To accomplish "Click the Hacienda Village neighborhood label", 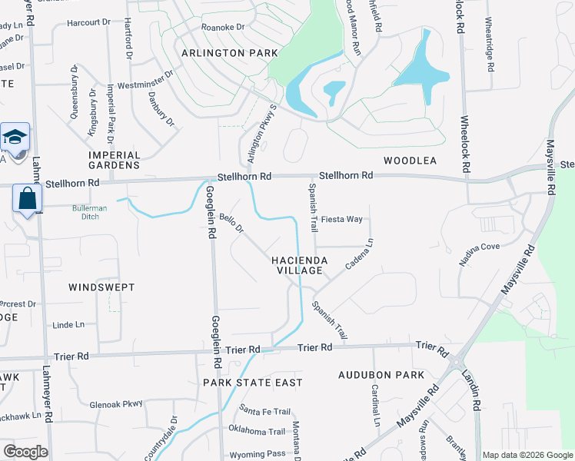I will (x=300, y=266).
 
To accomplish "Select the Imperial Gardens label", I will (x=115, y=160).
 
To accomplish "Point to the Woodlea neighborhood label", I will (x=410, y=161).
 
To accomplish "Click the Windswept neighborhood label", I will (x=101, y=287).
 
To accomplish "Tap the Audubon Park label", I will (x=381, y=375).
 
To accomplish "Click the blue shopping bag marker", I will (x=27, y=199).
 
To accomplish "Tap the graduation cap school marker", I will (x=15, y=137).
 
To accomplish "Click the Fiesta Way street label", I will (x=341, y=219).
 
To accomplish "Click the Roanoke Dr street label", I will (x=222, y=25).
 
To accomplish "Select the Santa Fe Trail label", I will (x=264, y=411).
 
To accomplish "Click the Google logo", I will (x=25, y=452).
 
